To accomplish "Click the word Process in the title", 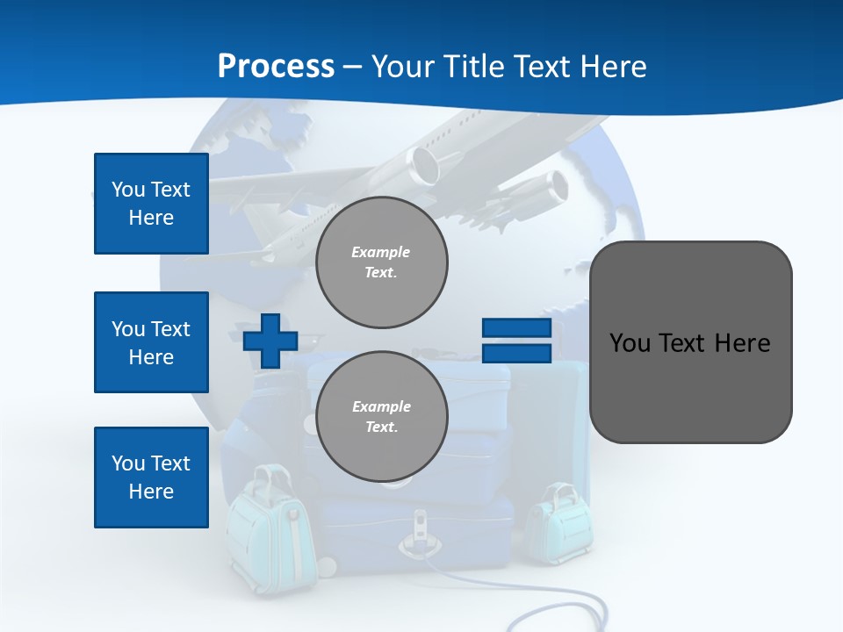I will tap(276, 66).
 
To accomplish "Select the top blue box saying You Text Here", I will tap(151, 204).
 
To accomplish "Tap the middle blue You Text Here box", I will tap(151, 342).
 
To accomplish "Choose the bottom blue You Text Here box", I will tap(151, 478).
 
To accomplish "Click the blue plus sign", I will tap(270, 341).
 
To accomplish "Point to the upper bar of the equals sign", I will tap(516, 328).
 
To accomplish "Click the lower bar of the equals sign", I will tap(516, 354).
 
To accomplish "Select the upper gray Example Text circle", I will tap(381, 262).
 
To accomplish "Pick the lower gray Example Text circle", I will tap(381, 417).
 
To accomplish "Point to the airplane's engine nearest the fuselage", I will tap(424, 164).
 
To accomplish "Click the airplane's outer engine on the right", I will tap(554, 187).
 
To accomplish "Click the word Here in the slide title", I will tap(613, 66).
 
